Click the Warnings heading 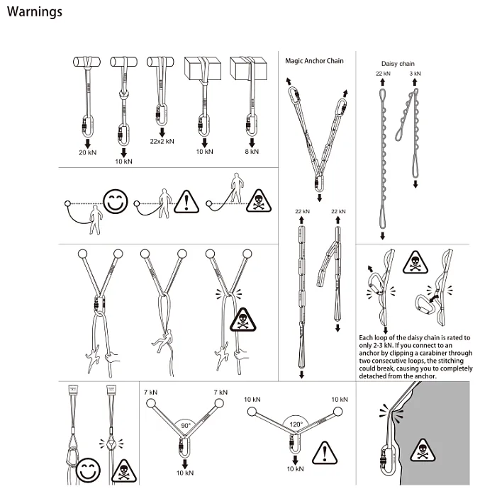(x=35, y=12)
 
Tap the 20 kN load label (x=88, y=152)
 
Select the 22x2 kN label (x=162, y=141)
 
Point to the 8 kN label (x=252, y=152)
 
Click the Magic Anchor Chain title (x=314, y=61)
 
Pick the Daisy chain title (x=398, y=64)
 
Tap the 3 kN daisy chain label (x=415, y=74)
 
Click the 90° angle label (x=186, y=425)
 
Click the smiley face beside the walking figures (x=116, y=201)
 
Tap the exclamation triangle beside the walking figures (x=186, y=202)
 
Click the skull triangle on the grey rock (x=423, y=450)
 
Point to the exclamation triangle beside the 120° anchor (x=325, y=453)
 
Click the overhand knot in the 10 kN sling (x=123, y=94)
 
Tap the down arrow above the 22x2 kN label (x=162, y=133)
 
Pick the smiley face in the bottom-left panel (x=89, y=470)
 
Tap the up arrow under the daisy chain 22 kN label (x=382, y=82)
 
